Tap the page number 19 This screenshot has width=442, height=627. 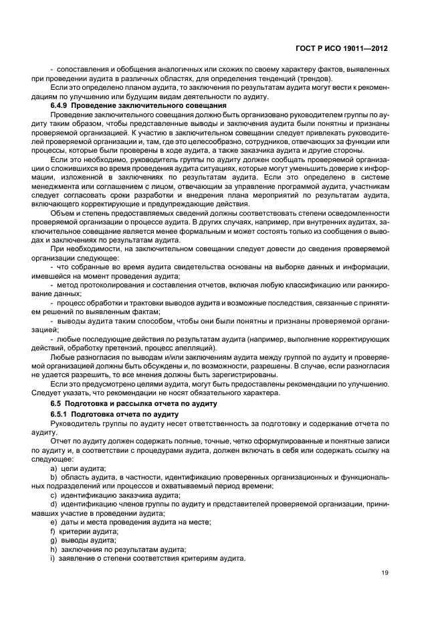point(384,573)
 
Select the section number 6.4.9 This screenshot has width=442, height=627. point(62,107)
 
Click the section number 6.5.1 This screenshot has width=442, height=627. point(62,415)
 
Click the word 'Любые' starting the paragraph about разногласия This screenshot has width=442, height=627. point(62,358)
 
